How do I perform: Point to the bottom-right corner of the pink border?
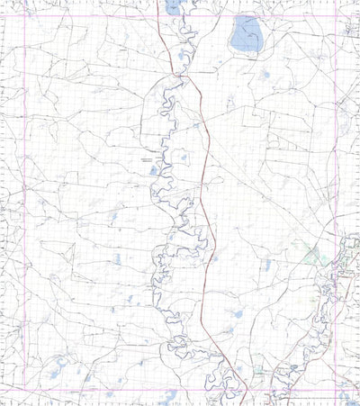[337, 390]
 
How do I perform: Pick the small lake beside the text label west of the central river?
[154, 168]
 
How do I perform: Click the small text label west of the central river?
[147, 158]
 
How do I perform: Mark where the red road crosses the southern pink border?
[236, 390]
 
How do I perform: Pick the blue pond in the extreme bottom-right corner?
[352, 397]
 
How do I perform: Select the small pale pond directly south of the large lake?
[264, 76]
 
